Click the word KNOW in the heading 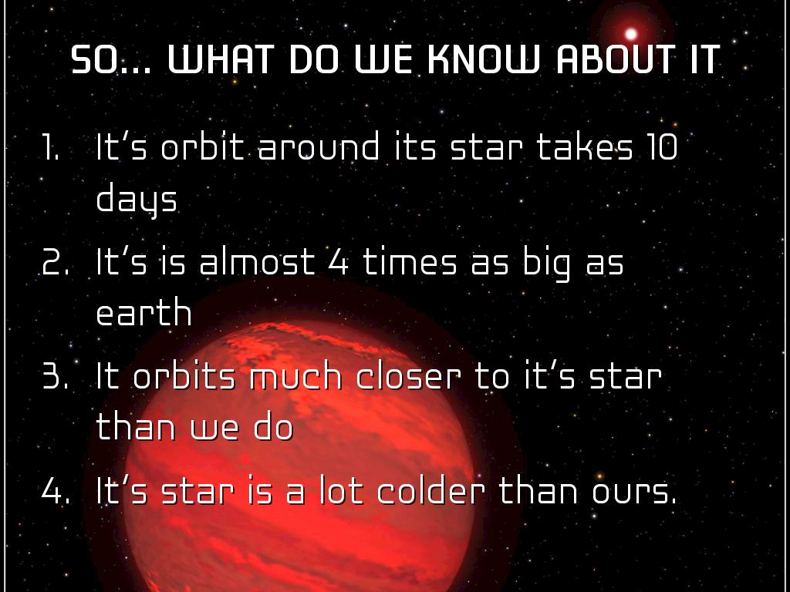pyautogui.click(x=484, y=60)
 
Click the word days pyautogui.click(x=137, y=200)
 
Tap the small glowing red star pyautogui.click(x=631, y=34)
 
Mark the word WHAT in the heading pyautogui.click(x=221, y=60)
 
